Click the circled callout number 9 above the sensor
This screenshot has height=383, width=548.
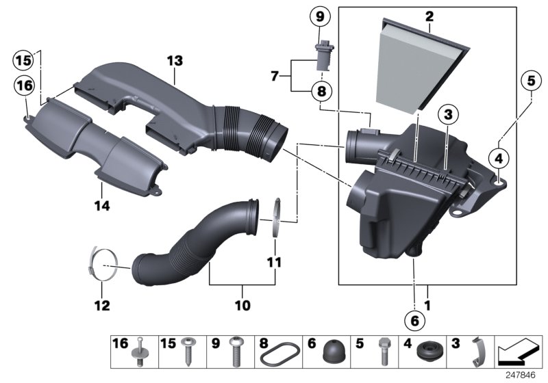(321, 15)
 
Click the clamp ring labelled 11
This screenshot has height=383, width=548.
(276, 217)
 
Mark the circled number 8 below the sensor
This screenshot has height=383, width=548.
(321, 90)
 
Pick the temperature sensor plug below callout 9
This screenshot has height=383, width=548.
(321, 56)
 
